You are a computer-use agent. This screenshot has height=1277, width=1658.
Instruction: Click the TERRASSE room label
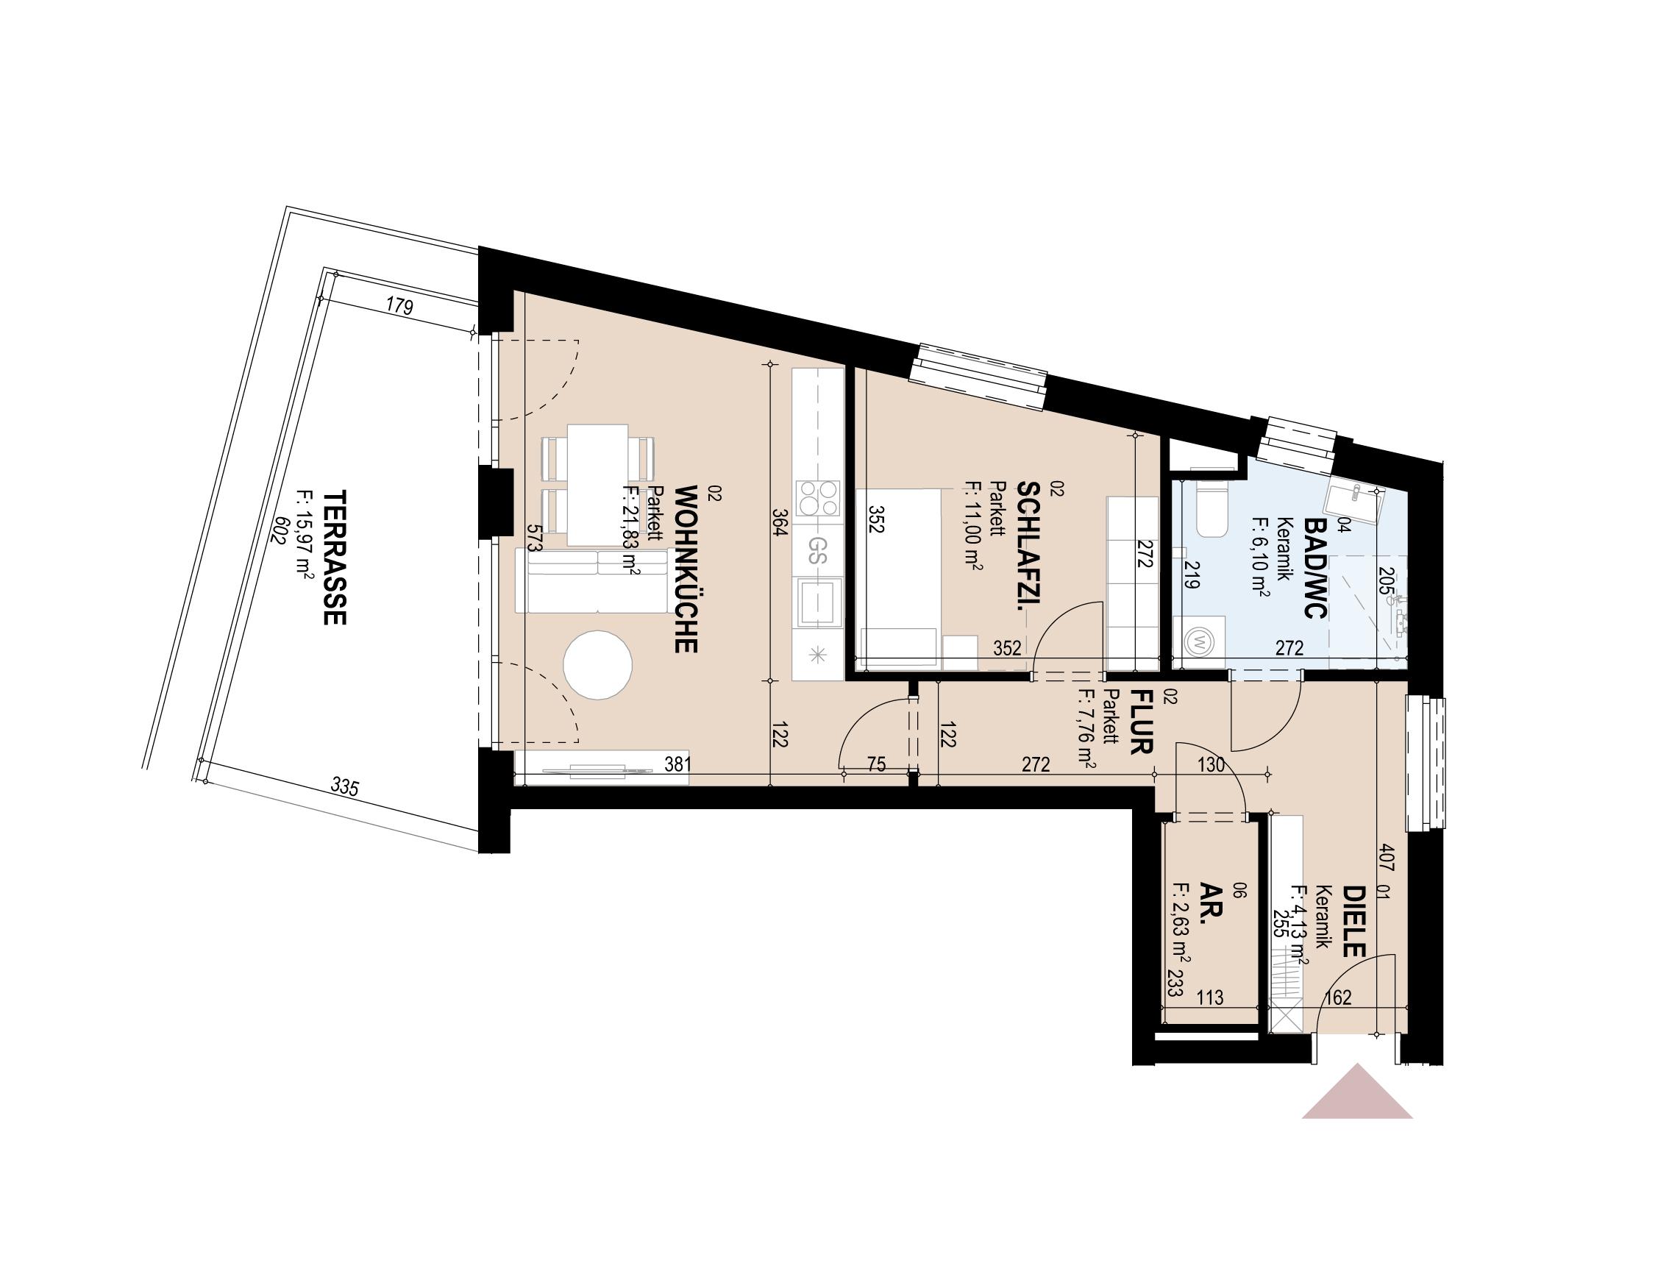(x=335, y=558)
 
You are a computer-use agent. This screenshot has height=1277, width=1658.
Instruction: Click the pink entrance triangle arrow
(x=1356, y=1115)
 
